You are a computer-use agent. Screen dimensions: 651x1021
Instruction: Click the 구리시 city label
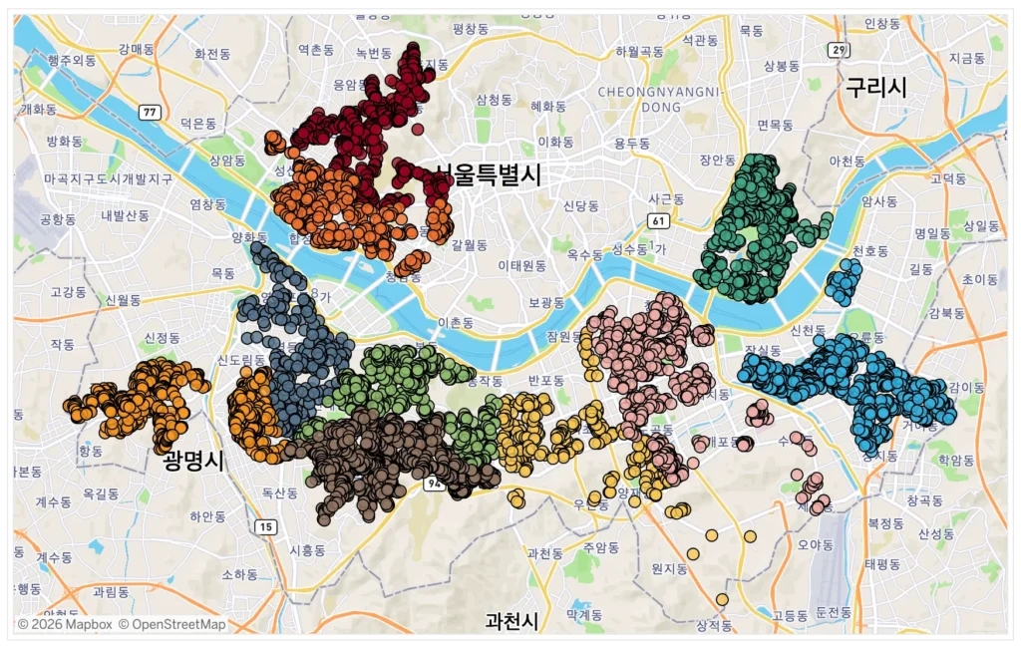click(x=876, y=88)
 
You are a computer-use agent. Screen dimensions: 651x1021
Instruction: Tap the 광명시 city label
click(x=194, y=461)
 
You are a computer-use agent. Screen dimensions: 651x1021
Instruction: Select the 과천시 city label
click(x=510, y=621)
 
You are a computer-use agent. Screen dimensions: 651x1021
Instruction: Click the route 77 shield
click(x=150, y=112)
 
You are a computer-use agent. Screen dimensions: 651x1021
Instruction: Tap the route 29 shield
click(x=841, y=50)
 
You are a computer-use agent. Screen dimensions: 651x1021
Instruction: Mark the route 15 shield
click(x=264, y=526)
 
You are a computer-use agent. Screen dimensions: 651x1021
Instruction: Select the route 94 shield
click(x=433, y=485)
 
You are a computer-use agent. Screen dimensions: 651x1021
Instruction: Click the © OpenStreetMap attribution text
click(x=171, y=624)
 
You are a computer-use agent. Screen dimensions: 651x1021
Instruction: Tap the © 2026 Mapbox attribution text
click(x=64, y=624)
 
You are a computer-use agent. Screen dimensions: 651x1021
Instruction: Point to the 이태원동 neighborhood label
click(x=522, y=266)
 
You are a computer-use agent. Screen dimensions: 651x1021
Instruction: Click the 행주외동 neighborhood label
click(x=72, y=60)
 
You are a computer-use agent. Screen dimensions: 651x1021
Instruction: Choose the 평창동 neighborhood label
click(x=474, y=30)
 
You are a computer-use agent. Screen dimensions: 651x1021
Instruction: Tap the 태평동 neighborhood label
click(x=882, y=563)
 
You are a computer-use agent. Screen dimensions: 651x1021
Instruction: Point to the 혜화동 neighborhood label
click(x=548, y=106)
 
